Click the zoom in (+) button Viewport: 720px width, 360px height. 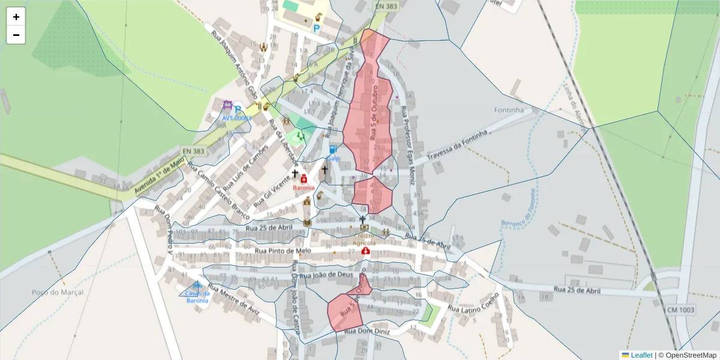point(16,17)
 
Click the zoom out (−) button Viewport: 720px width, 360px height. point(16,35)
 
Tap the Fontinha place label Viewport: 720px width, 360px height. point(509,110)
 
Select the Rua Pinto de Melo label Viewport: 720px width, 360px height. point(282,251)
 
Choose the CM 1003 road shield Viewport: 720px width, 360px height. point(680,310)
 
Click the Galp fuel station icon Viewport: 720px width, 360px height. point(333,149)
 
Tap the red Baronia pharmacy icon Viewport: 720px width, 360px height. point(304,179)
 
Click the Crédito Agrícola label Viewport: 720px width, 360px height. point(364,239)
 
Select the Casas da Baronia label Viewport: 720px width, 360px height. point(197,296)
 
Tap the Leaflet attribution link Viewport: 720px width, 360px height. point(641,355)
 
